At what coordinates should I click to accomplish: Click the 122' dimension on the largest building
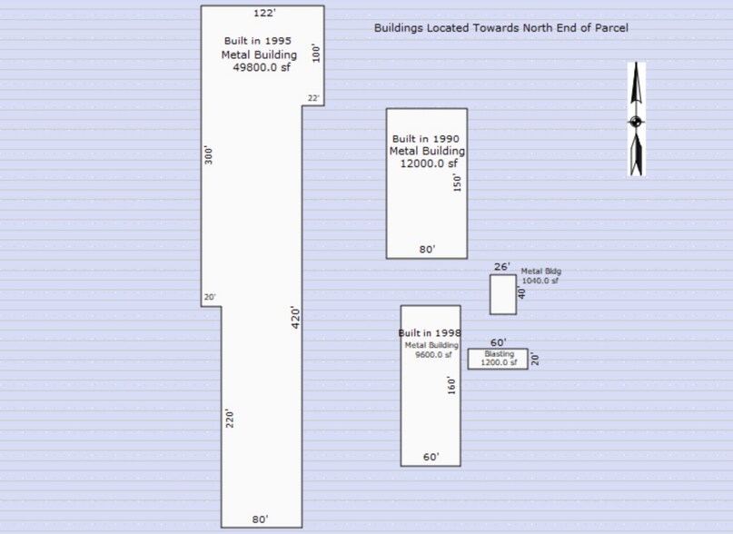click(264, 13)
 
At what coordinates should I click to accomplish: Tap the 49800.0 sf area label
click(262, 67)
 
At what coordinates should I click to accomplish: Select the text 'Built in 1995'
click(258, 41)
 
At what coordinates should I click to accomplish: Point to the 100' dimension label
click(316, 53)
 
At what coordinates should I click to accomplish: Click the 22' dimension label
click(313, 98)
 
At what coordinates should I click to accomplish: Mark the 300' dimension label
click(209, 155)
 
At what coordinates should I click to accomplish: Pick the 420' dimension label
click(295, 318)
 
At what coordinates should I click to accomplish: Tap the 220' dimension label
click(229, 419)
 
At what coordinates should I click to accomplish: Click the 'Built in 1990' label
click(425, 139)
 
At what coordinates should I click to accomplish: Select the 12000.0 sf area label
click(429, 163)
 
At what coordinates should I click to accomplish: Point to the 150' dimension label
click(457, 183)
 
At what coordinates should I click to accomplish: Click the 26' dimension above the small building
click(502, 266)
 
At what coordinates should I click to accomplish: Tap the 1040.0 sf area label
click(540, 281)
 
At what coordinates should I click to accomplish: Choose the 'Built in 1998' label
click(429, 333)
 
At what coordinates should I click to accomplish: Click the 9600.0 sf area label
click(433, 354)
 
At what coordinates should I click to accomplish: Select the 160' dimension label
click(451, 385)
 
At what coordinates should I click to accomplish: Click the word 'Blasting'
click(499, 354)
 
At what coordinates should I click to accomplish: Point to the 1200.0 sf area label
click(499, 362)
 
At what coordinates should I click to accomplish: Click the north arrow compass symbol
click(636, 119)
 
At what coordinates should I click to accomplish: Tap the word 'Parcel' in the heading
click(611, 27)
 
